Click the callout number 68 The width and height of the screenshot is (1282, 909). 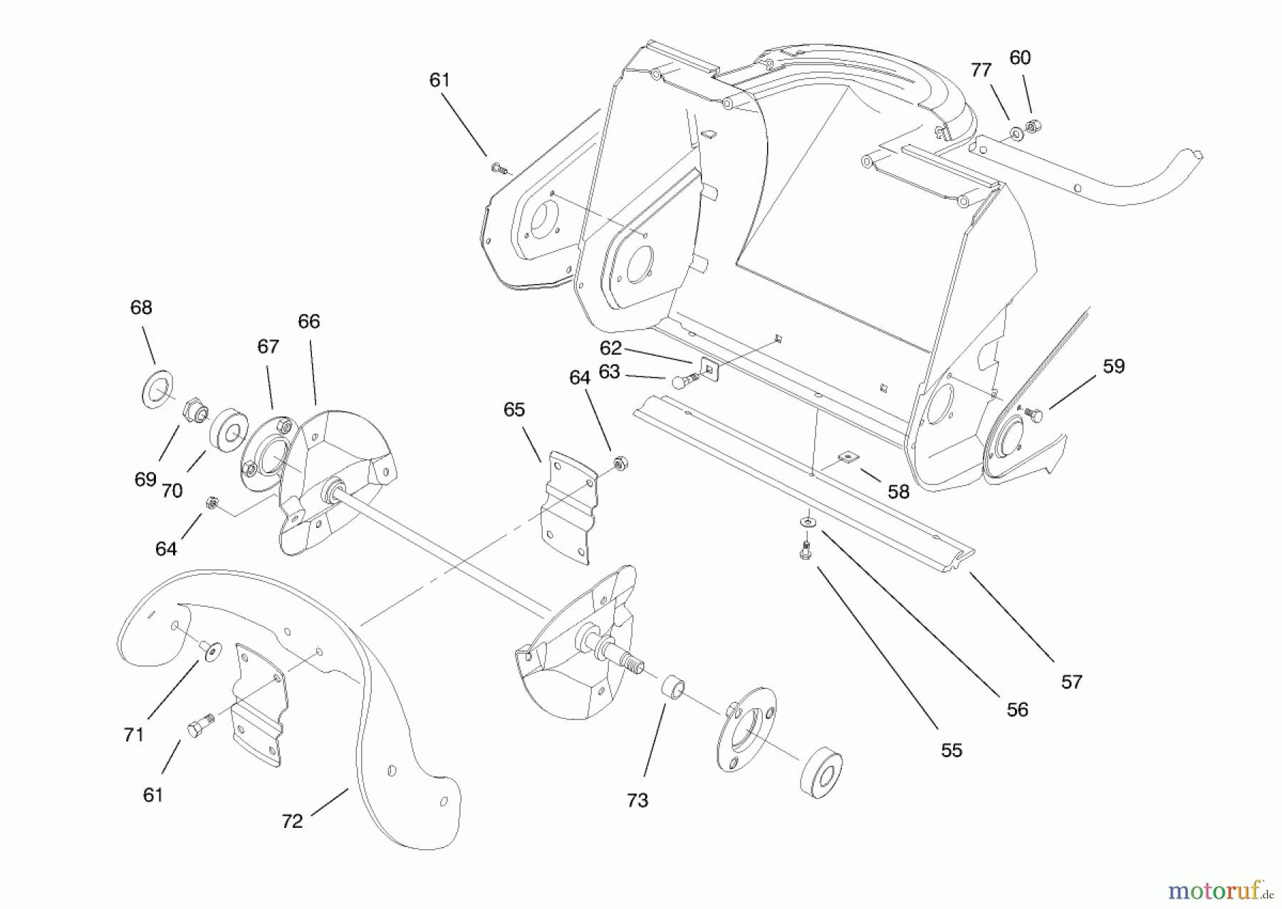point(141,308)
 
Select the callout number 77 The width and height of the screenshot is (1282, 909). point(981,70)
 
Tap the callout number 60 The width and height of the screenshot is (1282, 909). point(1020,58)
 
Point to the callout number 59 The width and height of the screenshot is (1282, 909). point(1113,366)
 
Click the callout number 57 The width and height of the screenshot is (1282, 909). point(1071,682)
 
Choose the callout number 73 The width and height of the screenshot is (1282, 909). point(637,800)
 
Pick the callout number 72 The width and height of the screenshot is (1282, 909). point(292,821)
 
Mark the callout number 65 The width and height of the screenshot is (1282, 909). point(514,410)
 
